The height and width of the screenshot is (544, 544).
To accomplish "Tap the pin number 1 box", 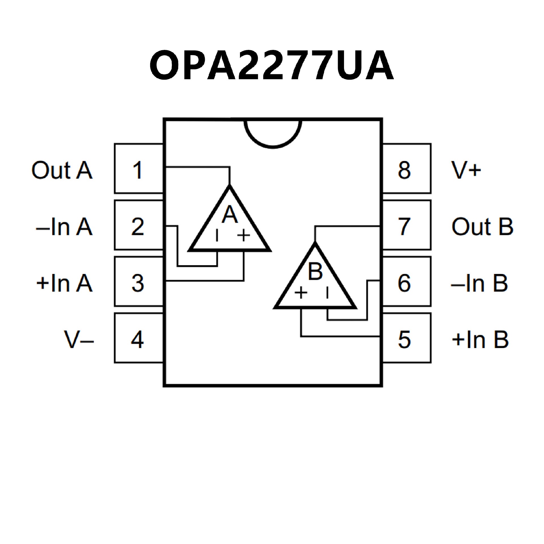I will (139, 169).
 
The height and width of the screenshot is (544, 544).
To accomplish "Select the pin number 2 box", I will (139, 226).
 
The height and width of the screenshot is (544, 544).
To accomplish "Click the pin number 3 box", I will (139, 282).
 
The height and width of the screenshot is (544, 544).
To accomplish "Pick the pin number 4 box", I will (139, 338).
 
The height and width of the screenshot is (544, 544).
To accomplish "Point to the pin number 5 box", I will (406, 338).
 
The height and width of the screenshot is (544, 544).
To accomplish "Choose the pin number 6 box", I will (406, 282).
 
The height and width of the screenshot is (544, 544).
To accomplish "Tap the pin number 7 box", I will (406, 226).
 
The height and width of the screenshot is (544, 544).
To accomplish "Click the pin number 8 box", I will (406, 169).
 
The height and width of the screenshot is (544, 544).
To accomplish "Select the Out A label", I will (62, 170).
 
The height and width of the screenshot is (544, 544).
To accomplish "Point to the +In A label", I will (64, 283).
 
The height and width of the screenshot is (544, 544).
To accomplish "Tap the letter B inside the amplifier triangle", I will (315, 271).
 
